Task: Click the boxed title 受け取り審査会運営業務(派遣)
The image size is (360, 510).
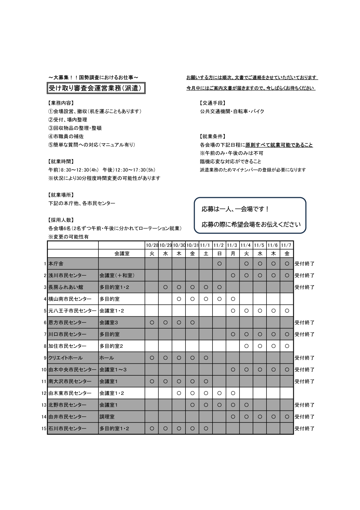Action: tap(96, 88)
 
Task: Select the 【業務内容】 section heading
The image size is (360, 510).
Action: tap(61, 103)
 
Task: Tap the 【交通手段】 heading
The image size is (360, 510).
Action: tap(213, 103)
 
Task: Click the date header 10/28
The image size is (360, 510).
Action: tap(152, 245)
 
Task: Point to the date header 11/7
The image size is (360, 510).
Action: tap(287, 245)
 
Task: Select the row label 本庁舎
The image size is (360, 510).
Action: tap(56, 264)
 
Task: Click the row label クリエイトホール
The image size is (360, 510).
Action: tap(66, 358)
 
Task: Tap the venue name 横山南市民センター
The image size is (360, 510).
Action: tap(70, 299)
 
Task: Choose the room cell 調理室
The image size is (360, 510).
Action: tap(107, 417)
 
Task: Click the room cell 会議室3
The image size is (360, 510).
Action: tap(109, 322)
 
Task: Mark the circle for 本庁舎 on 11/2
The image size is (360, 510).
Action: tap(219, 264)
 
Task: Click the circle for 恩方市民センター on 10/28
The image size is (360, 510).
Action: tap(152, 322)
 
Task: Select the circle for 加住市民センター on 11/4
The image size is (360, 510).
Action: tap(246, 346)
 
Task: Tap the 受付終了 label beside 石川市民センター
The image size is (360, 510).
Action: tap(305, 429)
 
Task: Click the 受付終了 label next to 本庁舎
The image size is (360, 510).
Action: tap(305, 264)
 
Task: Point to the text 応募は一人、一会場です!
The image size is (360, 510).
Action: tap(235, 209)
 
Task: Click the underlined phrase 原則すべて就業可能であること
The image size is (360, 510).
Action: tap(279, 145)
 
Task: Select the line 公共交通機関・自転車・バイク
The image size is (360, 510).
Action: tap(232, 111)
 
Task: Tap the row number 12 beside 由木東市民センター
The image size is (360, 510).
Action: tap(44, 393)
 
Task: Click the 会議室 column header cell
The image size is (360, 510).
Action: tap(122, 254)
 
